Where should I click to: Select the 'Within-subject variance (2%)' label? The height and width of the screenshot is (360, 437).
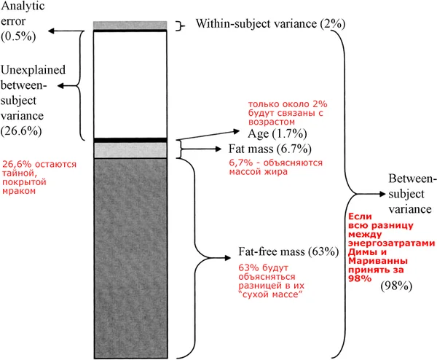pos(269,24)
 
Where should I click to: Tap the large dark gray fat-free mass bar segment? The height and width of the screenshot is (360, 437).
pos(132,255)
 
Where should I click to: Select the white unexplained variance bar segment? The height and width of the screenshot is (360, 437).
pos(132,85)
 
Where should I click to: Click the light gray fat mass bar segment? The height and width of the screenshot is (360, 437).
pos(132,150)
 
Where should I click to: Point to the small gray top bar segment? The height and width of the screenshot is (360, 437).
pos(132,26)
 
